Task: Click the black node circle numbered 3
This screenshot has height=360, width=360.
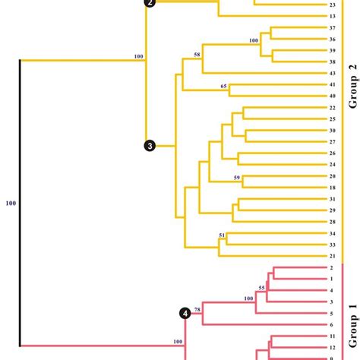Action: (150, 146)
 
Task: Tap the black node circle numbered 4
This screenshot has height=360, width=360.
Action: (185, 313)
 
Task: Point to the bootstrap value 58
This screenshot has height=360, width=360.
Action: (197, 55)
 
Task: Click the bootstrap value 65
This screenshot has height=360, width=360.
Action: (224, 87)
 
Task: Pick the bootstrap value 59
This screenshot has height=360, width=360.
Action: (237, 178)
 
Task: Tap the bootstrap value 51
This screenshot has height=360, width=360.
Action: (222, 236)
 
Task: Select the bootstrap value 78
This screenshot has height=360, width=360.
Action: (197, 309)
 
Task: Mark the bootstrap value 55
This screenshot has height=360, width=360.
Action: (262, 288)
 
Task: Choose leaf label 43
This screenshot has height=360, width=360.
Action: (333, 73)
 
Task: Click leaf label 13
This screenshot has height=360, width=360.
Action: (333, 16)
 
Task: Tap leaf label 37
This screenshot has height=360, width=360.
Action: (333, 28)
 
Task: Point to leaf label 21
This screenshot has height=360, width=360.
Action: (333, 256)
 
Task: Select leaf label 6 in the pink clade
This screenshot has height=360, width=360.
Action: (333, 324)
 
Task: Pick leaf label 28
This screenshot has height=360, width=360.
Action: (333, 221)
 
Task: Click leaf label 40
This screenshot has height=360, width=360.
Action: (333, 96)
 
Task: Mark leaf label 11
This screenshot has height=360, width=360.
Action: (333, 336)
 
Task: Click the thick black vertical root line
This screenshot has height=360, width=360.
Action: (20, 203)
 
